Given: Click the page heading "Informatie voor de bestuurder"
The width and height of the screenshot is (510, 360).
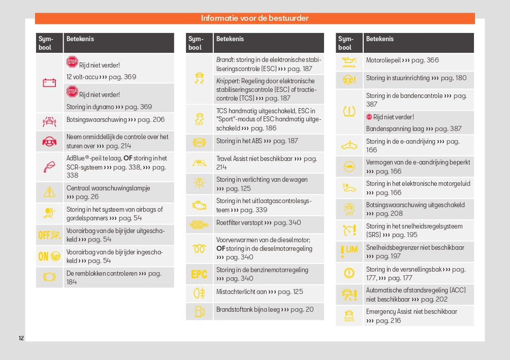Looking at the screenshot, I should click(x=254, y=18).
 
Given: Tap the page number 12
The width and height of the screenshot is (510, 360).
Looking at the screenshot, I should click(x=21, y=338).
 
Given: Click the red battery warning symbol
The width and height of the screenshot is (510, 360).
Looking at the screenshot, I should click(x=49, y=83).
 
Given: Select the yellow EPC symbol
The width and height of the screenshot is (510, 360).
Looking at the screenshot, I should click(x=199, y=274).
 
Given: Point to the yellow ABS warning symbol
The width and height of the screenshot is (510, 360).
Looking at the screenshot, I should click(x=199, y=142).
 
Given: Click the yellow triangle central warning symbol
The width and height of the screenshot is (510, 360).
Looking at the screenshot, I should click(x=49, y=192).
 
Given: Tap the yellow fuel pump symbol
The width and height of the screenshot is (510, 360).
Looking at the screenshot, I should click(x=199, y=310).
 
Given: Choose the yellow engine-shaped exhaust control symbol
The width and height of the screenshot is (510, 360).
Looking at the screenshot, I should click(x=199, y=205).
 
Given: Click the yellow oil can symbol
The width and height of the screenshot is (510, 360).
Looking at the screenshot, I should click(x=349, y=61).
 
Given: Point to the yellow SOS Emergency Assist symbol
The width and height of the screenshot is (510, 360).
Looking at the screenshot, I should click(x=349, y=316).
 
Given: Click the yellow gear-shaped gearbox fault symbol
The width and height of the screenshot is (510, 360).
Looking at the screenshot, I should click(x=349, y=273).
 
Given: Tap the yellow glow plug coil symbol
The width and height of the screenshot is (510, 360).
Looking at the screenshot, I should click(x=199, y=248).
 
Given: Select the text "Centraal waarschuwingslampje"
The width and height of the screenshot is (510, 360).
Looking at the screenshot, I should click(x=108, y=188).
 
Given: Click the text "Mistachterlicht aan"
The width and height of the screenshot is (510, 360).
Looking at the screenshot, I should click(x=241, y=291).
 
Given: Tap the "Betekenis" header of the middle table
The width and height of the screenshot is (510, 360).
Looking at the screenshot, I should click(x=230, y=39).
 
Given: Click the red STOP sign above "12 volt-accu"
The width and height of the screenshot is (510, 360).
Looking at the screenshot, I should click(x=72, y=62).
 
